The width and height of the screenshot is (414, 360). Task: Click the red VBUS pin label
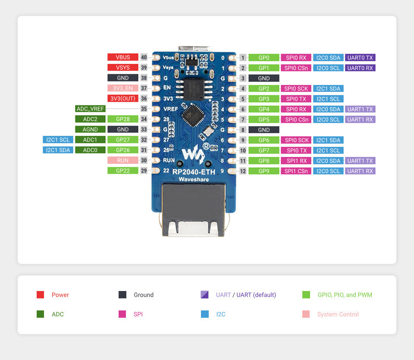[x=123, y=57]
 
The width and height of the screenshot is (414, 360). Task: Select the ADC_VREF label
[x=90, y=109]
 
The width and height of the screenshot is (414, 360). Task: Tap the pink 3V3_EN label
[x=123, y=88]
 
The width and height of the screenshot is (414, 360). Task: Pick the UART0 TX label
[x=360, y=57]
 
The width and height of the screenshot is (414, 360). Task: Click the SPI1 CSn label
[x=296, y=171]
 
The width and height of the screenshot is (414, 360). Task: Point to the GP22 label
[x=123, y=170]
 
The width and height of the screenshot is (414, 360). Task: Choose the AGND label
[x=90, y=129]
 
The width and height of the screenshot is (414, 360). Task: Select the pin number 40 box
[x=144, y=57]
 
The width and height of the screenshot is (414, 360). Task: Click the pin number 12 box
[x=243, y=171]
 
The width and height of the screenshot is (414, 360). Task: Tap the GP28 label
[x=123, y=119]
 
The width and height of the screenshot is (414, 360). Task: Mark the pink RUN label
[x=123, y=160]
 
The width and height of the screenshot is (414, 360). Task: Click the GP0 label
[x=264, y=57]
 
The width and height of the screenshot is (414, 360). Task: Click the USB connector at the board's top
[x=195, y=49]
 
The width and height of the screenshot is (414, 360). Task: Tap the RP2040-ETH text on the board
[x=194, y=172]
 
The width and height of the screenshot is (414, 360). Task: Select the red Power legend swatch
[x=41, y=294]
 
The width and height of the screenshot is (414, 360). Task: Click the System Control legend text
[x=338, y=314]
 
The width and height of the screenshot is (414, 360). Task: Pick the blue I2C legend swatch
[x=205, y=314]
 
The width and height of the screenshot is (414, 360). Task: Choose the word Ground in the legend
[x=144, y=295]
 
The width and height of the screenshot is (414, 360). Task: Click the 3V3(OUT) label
[x=123, y=98]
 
